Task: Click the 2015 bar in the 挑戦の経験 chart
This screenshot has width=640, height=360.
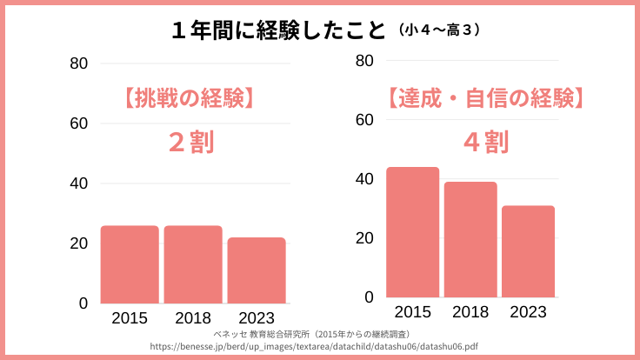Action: pos(130,264)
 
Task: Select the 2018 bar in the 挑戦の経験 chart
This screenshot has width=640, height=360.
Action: pos(193,264)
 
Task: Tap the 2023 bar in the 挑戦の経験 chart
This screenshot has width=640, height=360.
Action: pos(257,270)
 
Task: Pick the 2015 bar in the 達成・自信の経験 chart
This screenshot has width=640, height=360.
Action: pos(412,232)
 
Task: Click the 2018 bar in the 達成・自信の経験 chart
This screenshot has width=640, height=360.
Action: pos(470,239)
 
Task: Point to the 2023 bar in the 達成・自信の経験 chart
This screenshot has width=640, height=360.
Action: pos(528,251)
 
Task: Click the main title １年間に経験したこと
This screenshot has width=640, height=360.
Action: pos(277,30)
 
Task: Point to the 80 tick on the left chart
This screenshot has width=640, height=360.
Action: pos(79,63)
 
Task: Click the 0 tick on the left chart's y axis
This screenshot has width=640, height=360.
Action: pos(83,303)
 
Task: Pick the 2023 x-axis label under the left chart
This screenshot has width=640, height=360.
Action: pos(257,318)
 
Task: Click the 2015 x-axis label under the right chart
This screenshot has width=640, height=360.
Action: pos(412,312)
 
